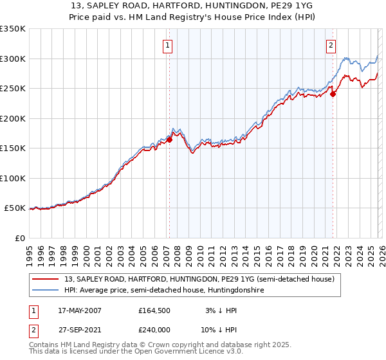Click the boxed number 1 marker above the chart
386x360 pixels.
click(167, 45)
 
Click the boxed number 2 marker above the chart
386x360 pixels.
click(331, 45)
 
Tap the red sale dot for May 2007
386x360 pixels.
click(169, 139)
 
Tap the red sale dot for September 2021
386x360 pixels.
click(333, 94)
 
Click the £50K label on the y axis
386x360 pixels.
click(15, 208)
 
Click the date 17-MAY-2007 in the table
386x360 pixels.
click(78, 310)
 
